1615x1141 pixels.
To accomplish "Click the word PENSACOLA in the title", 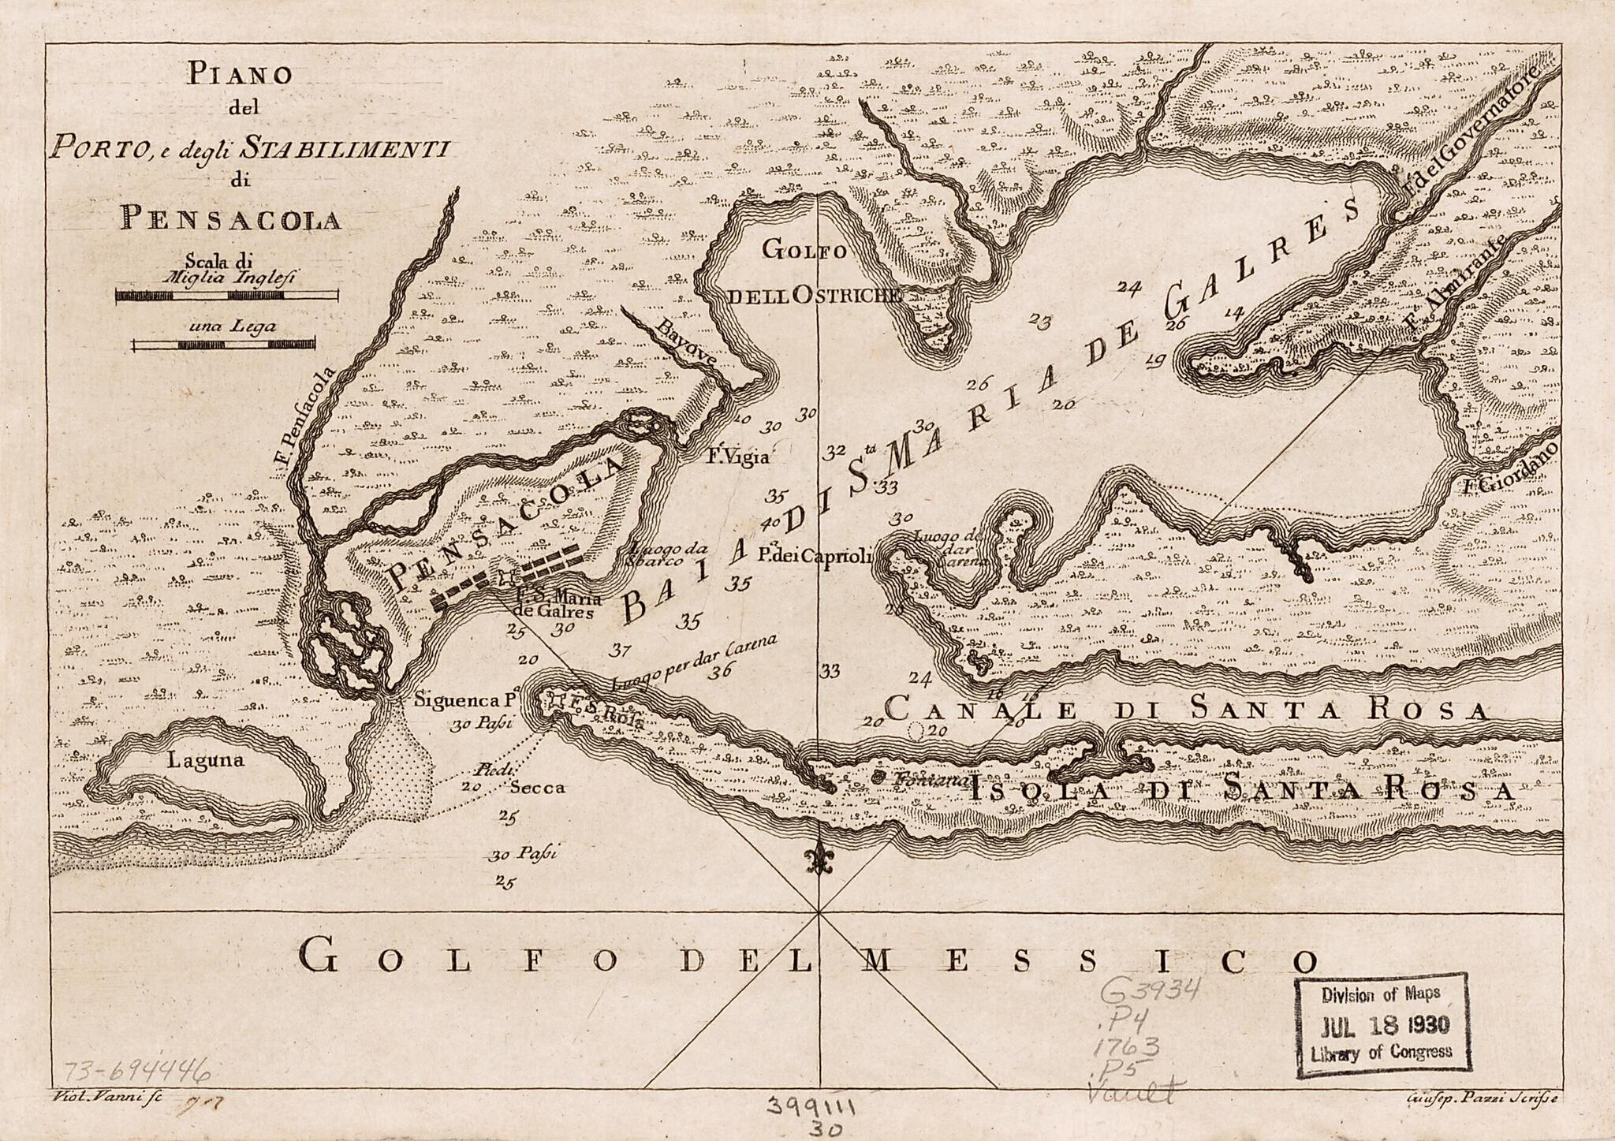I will point(230,219).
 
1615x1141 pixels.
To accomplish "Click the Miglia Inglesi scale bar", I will point(227,296).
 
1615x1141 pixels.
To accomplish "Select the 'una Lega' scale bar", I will point(223,344).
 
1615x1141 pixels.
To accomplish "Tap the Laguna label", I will point(206,761).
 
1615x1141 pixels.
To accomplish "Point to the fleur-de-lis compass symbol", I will point(820,861).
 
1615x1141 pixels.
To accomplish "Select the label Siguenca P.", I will point(465,699).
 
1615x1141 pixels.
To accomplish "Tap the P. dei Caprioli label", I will point(814,556).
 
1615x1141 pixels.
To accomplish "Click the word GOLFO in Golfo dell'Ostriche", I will point(804,251).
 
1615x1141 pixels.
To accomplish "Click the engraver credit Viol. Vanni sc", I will point(105,1097).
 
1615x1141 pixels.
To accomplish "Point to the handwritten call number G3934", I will point(1151,990).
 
